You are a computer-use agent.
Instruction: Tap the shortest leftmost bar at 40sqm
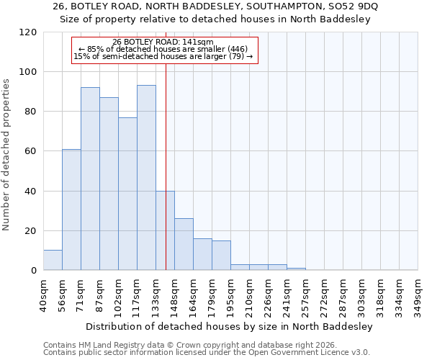(53, 260)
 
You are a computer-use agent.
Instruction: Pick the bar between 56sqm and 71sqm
(71, 210)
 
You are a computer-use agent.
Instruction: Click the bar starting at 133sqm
(165, 230)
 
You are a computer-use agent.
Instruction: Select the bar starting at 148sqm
(184, 244)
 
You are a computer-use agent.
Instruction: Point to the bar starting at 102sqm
(127, 194)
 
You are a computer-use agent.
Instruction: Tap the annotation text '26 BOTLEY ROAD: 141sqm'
(163, 42)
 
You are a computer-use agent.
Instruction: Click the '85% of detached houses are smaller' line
(163, 49)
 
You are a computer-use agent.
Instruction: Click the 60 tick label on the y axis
(32, 151)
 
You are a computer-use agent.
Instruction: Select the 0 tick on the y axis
(34, 271)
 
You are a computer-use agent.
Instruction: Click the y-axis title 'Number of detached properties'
(6, 155)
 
